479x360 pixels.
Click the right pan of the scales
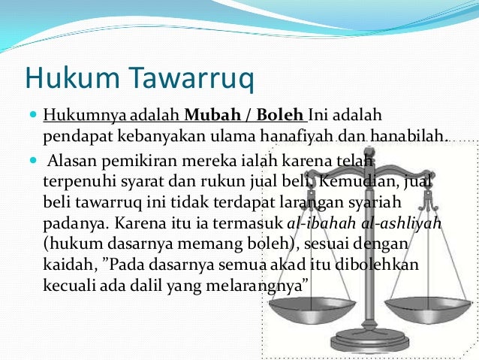tap(429, 305)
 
